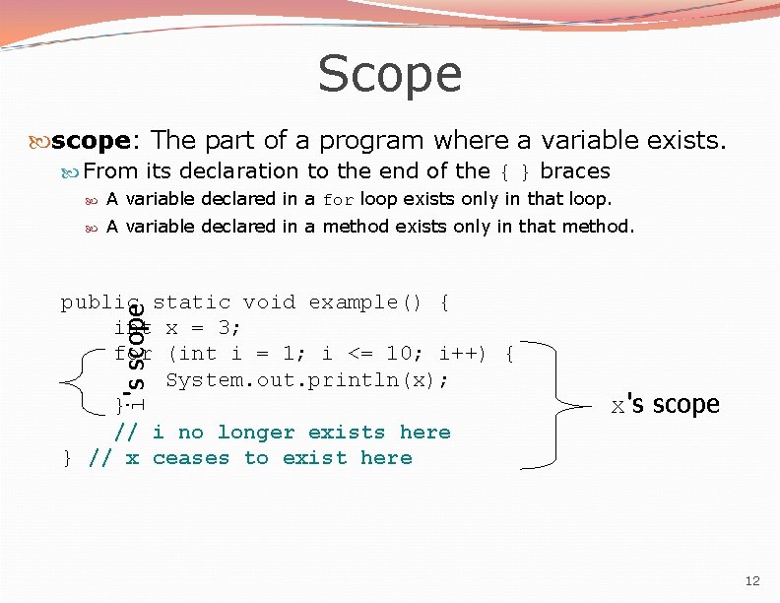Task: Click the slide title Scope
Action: pyautogui.click(x=390, y=74)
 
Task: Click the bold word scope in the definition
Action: pyautogui.click(x=90, y=141)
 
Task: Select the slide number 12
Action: pyautogui.click(x=751, y=581)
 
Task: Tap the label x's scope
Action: pyautogui.click(x=666, y=405)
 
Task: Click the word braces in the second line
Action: pyautogui.click(x=576, y=171)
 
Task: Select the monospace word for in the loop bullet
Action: pyautogui.click(x=337, y=200)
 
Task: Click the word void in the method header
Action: pyautogui.click(x=269, y=302)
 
